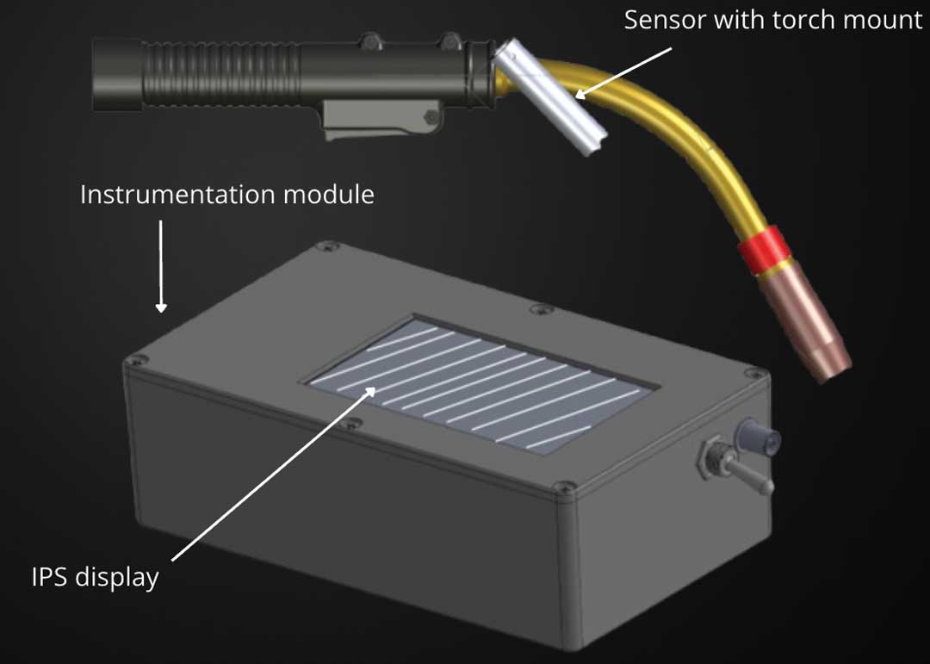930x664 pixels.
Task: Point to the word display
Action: (x=116, y=578)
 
